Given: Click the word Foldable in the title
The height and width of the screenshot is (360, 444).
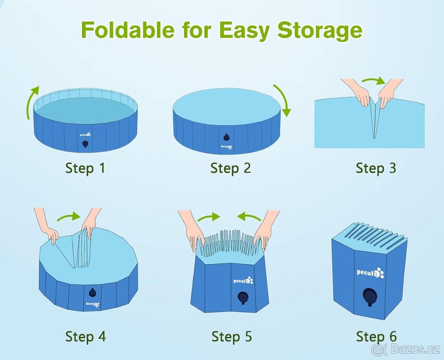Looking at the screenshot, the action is click(x=128, y=30).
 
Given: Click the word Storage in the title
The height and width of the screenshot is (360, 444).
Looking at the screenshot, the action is click(x=320, y=31).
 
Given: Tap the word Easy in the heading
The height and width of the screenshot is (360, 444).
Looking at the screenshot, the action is click(x=244, y=31).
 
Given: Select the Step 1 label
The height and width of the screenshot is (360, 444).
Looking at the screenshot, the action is click(x=85, y=168).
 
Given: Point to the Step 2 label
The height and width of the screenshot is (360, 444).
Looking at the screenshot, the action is click(x=231, y=168).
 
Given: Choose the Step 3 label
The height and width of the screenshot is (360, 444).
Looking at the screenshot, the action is click(x=376, y=168).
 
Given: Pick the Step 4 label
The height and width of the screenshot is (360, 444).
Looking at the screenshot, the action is click(x=85, y=337).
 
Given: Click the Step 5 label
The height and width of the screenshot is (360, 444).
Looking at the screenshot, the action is click(x=232, y=337).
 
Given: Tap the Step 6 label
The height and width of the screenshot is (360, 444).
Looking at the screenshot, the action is click(x=376, y=337).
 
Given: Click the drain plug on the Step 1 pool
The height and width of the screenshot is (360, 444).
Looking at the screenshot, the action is click(x=85, y=144).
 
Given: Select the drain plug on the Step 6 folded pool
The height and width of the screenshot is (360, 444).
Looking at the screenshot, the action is click(x=370, y=297).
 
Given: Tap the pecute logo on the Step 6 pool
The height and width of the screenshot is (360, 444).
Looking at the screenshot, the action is click(x=370, y=273).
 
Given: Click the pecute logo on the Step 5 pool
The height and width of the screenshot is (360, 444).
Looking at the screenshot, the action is click(x=243, y=281).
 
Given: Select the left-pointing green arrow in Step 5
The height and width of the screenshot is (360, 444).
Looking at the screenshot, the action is click(x=249, y=217).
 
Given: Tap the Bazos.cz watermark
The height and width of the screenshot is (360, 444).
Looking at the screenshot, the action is click(x=406, y=349).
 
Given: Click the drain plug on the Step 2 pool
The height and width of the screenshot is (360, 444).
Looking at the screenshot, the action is click(x=226, y=137).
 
